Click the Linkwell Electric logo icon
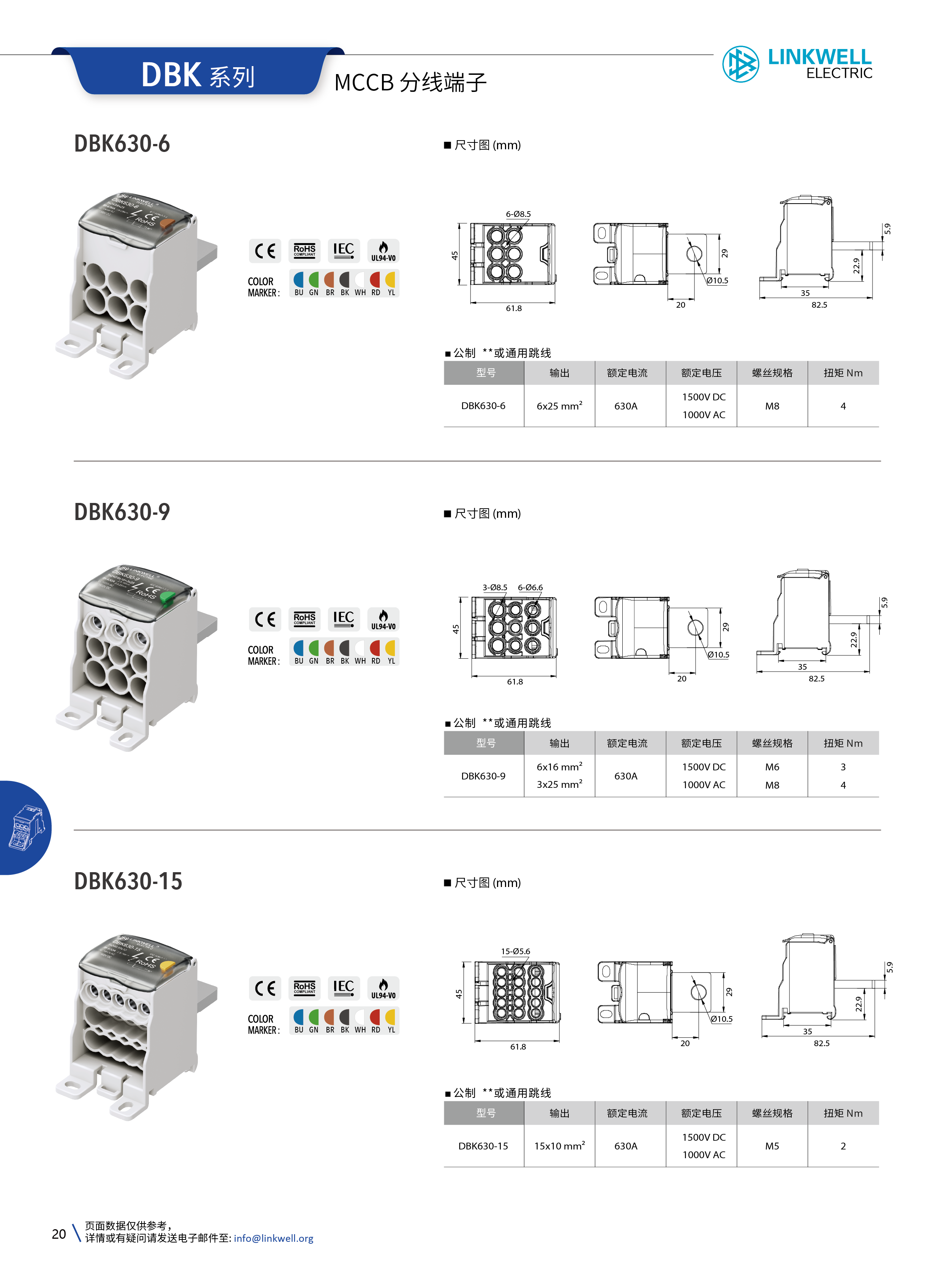(x=740, y=63)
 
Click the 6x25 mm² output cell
(x=559, y=406)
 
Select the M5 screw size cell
(x=772, y=1146)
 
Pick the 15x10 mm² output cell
(x=559, y=1146)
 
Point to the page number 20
(x=59, y=1234)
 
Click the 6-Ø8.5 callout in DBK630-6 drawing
(x=518, y=214)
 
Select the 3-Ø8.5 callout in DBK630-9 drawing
(x=494, y=587)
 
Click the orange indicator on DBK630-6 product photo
(x=167, y=223)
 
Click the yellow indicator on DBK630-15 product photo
(x=167, y=966)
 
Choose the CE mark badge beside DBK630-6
(x=265, y=251)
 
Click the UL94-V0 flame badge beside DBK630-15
(x=383, y=988)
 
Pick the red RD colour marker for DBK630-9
(x=375, y=648)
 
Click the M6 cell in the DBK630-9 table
(x=772, y=767)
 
